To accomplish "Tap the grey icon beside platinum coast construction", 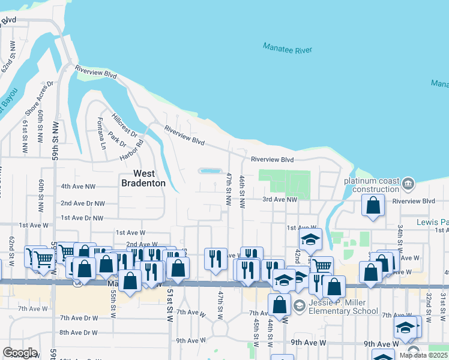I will click(408, 182).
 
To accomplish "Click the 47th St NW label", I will click(229, 188).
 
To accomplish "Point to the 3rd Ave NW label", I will click(280, 200).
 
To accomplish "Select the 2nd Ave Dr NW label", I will click(83, 203).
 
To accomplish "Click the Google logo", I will click(19, 353).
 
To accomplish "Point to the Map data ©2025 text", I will click(423, 355).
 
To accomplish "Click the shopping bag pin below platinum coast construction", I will click(373, 206).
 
